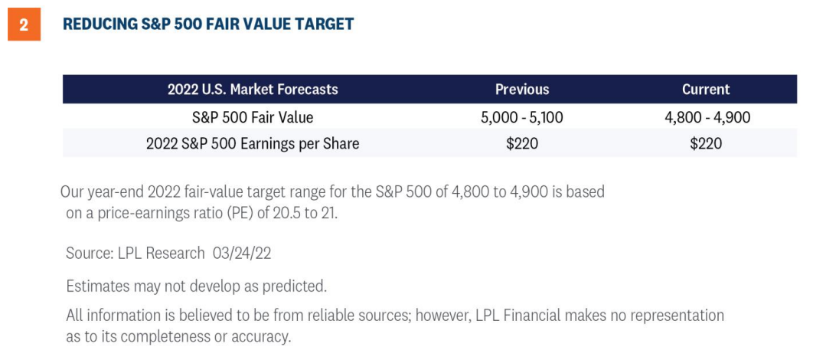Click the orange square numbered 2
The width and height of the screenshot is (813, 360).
(24, 25)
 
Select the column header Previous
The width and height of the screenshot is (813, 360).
(522, 89)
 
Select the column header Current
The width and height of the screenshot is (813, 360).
(706, 89)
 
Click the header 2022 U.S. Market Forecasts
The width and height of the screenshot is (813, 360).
(253, 89)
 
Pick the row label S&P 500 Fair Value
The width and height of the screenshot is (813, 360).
(253, 117)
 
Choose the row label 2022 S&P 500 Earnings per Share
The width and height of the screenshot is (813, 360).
(253, 144)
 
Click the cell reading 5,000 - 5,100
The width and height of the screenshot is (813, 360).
(522, 118)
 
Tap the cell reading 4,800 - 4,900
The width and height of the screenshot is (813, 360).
(707, 118)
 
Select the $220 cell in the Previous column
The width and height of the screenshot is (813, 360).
(522, 144)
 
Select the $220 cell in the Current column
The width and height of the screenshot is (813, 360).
(706, 144)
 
